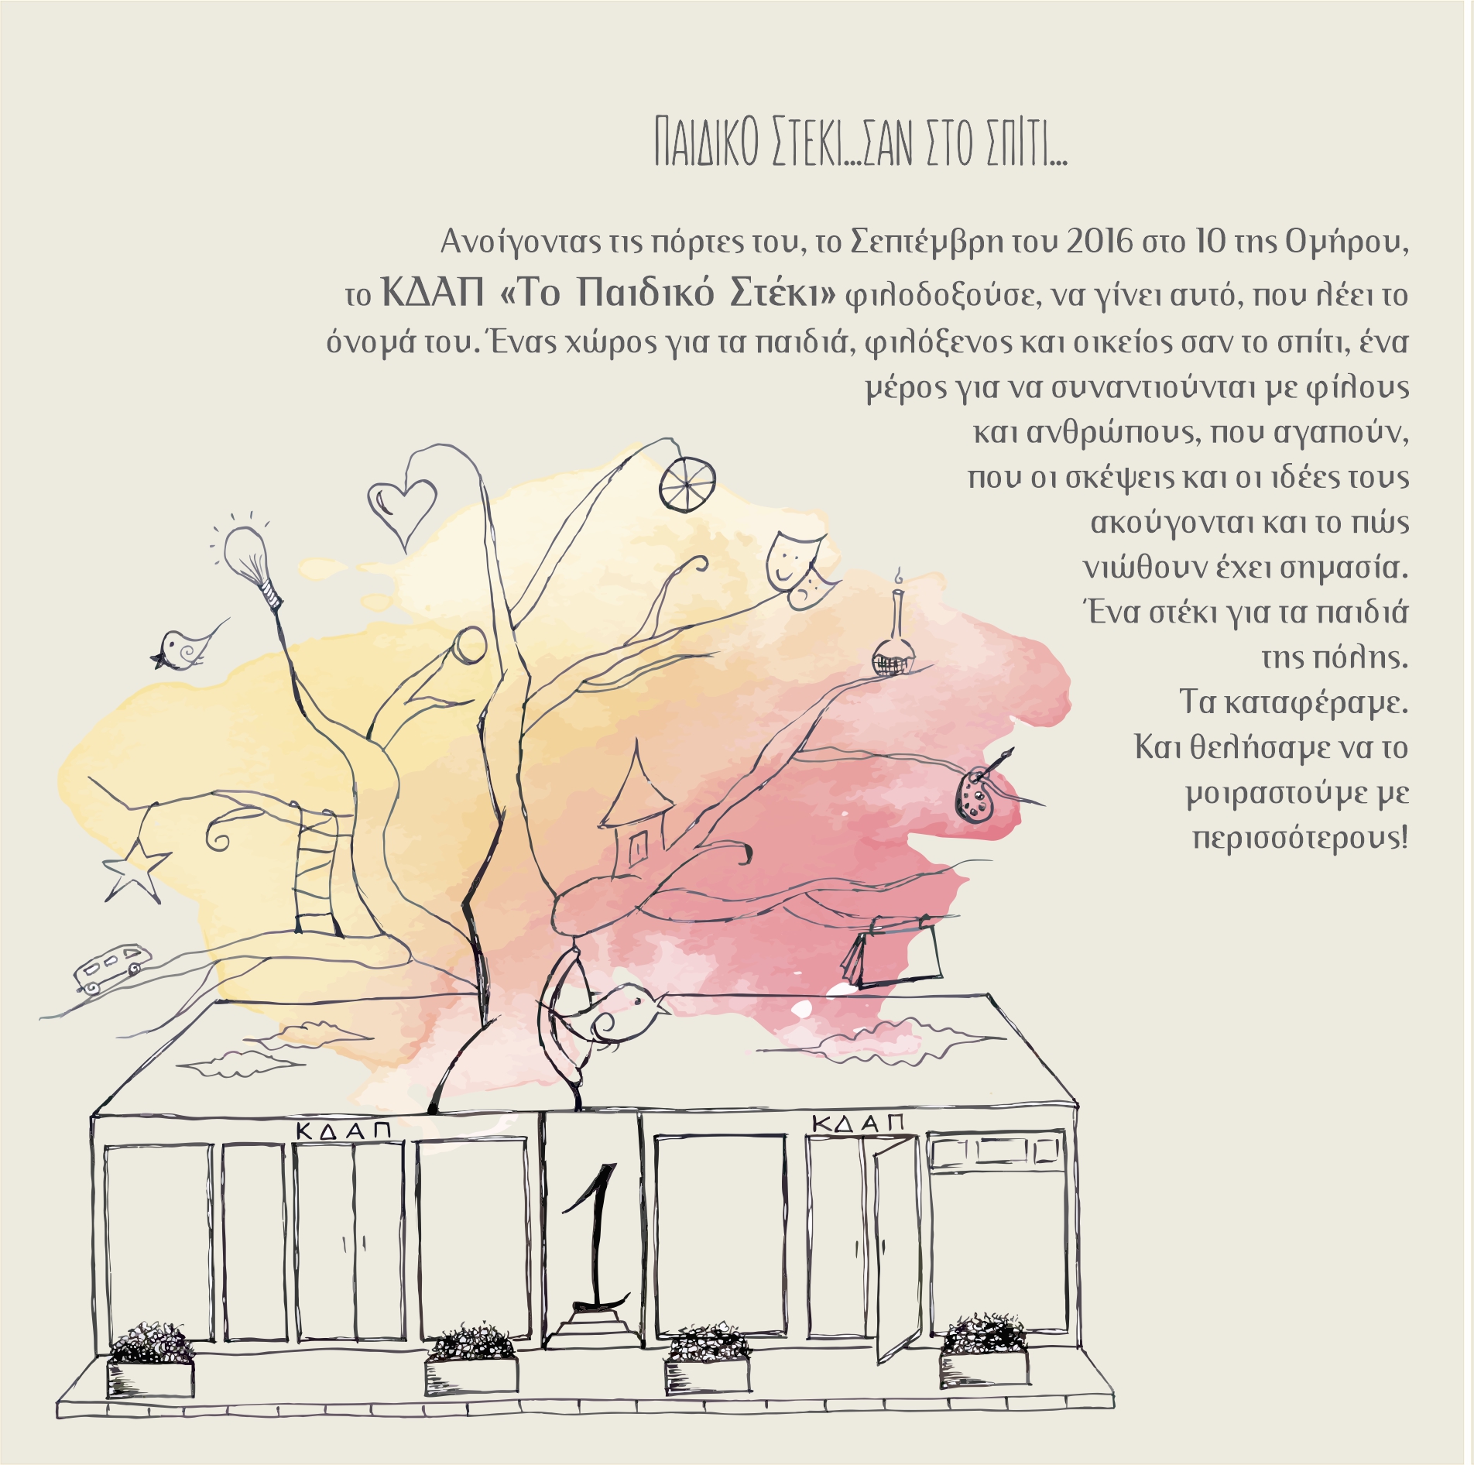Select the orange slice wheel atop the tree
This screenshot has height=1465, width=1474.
[687, 483]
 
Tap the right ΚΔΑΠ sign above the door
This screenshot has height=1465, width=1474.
[858, 1122]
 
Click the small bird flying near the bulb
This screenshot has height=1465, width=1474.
[186, 647]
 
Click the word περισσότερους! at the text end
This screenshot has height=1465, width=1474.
[1300, 838]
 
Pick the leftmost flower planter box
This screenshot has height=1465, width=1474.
[151, 1362]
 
